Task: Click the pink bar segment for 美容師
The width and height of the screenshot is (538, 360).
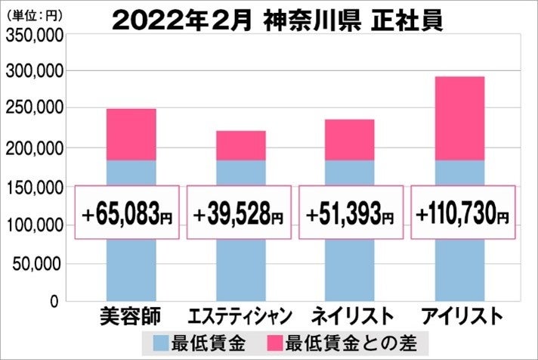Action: pos(131,135)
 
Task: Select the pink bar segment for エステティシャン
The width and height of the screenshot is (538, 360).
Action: pos(241,145)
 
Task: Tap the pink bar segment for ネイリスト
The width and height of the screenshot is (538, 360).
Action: pos(350,140)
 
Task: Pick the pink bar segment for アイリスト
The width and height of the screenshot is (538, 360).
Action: pos(460,118)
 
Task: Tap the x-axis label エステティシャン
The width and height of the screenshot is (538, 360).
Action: pos(238,315)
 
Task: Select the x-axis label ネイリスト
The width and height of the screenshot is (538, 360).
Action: pos(350,315)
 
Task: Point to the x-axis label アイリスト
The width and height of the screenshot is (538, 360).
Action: pos(460,315)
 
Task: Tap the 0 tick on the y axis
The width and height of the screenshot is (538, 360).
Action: pos(53,302)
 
